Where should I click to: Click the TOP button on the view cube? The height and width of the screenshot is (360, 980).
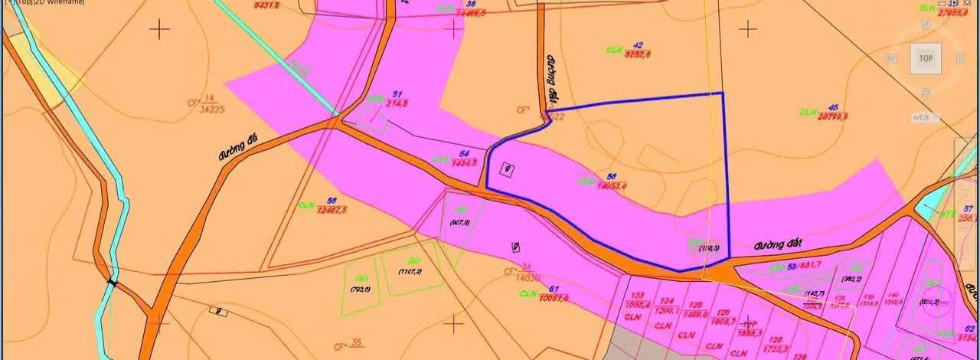[925, 59]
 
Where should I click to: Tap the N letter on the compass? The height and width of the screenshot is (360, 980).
[926, 25]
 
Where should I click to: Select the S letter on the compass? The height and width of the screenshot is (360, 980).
[926, 93]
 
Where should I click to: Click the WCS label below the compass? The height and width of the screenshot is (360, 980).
[920, 117]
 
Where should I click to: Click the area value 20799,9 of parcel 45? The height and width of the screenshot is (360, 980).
[833, 116]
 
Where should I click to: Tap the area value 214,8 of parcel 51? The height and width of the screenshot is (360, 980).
[397, 103]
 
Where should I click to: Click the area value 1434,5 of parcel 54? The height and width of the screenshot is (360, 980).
[465, 162]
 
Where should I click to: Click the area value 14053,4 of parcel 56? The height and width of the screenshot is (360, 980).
[611, 185]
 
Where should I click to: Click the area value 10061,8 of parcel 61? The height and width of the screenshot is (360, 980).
[554, 298]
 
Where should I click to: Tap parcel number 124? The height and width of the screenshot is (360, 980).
[666, 301]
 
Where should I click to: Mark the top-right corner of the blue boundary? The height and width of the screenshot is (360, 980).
[723, 93]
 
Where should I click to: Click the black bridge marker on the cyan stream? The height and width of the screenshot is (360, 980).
[113, 283]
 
